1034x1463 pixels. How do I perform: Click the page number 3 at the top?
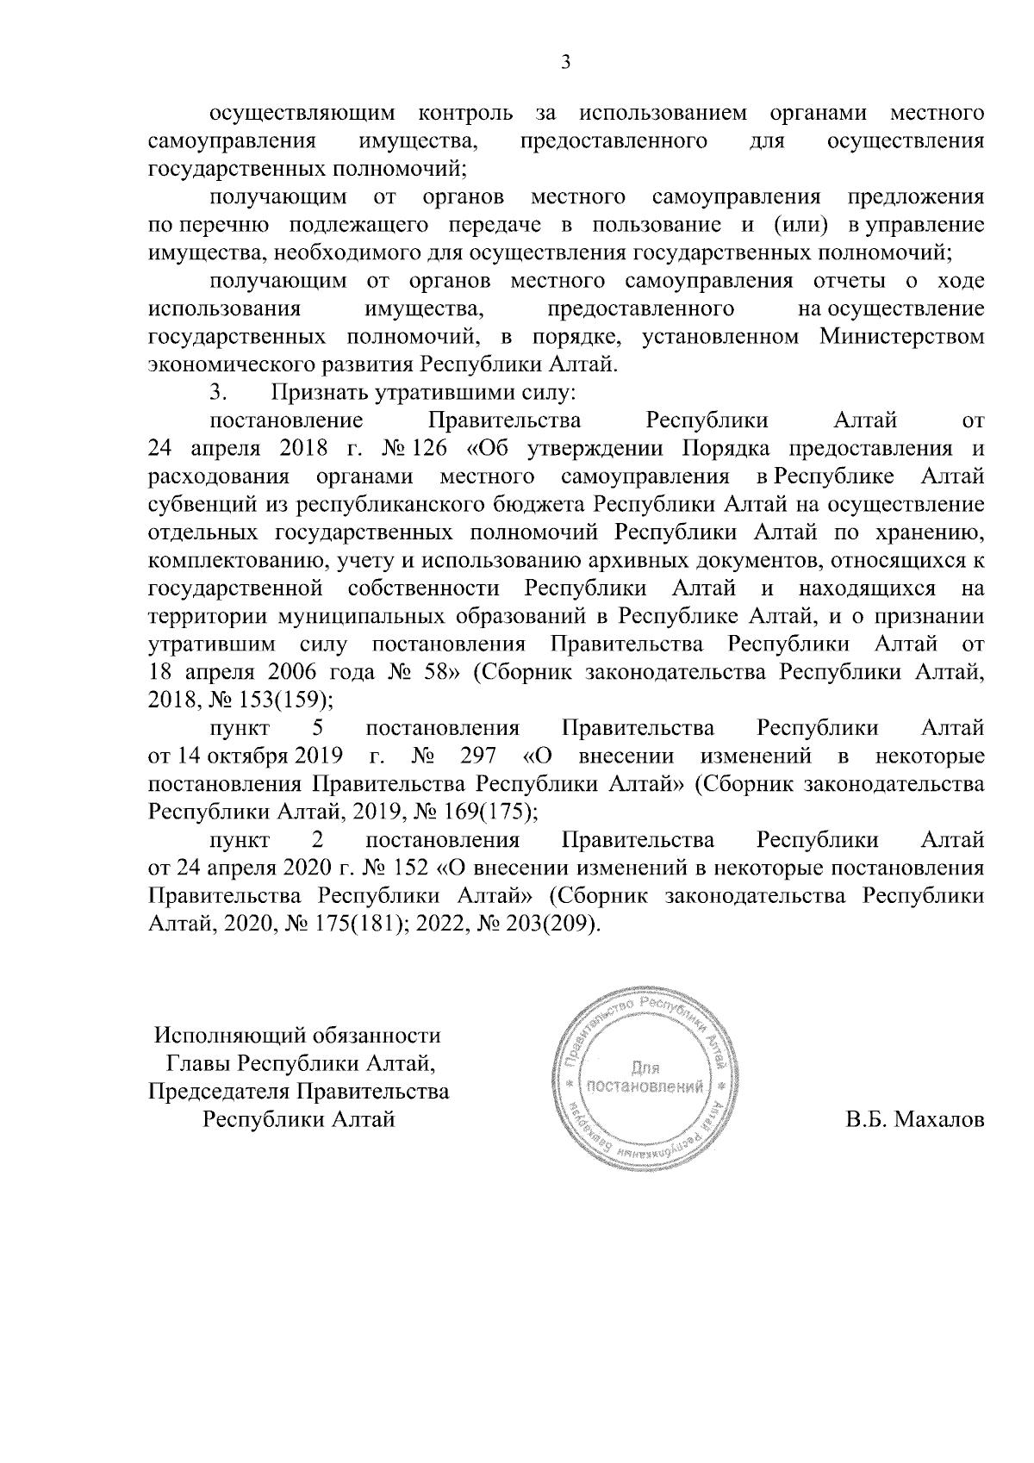click(564, 62)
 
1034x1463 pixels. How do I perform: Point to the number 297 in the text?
click(479, 756)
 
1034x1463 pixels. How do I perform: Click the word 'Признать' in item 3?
click(321, 393)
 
